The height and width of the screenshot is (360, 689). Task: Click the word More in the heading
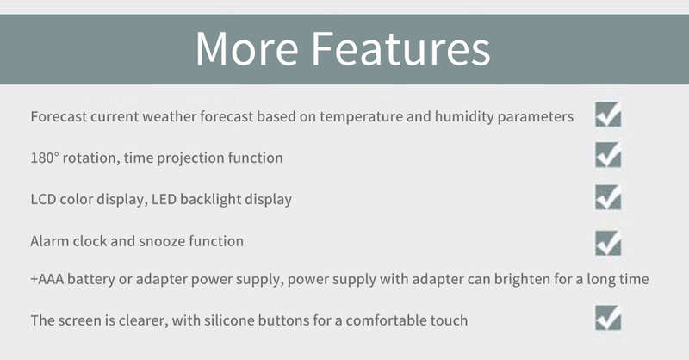tap(246, 48)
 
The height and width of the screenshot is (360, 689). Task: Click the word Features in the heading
tap(400, 48)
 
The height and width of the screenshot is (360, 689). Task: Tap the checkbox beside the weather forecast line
tap(608, 115)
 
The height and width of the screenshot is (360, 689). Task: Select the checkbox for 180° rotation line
tap(608, 155)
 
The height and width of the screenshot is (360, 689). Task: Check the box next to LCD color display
tap(608, 197)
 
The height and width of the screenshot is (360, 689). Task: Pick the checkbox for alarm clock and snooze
tap(608, 243)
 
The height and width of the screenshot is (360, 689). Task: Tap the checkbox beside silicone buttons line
tap(608, 317)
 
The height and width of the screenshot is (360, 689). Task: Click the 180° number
tap(45, 158)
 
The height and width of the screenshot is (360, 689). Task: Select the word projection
tap(190, 158)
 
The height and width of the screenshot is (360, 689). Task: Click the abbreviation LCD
tap(43, 199)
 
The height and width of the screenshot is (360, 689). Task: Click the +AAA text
tap(47, 279)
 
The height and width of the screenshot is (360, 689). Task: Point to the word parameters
tap(535, 117)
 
